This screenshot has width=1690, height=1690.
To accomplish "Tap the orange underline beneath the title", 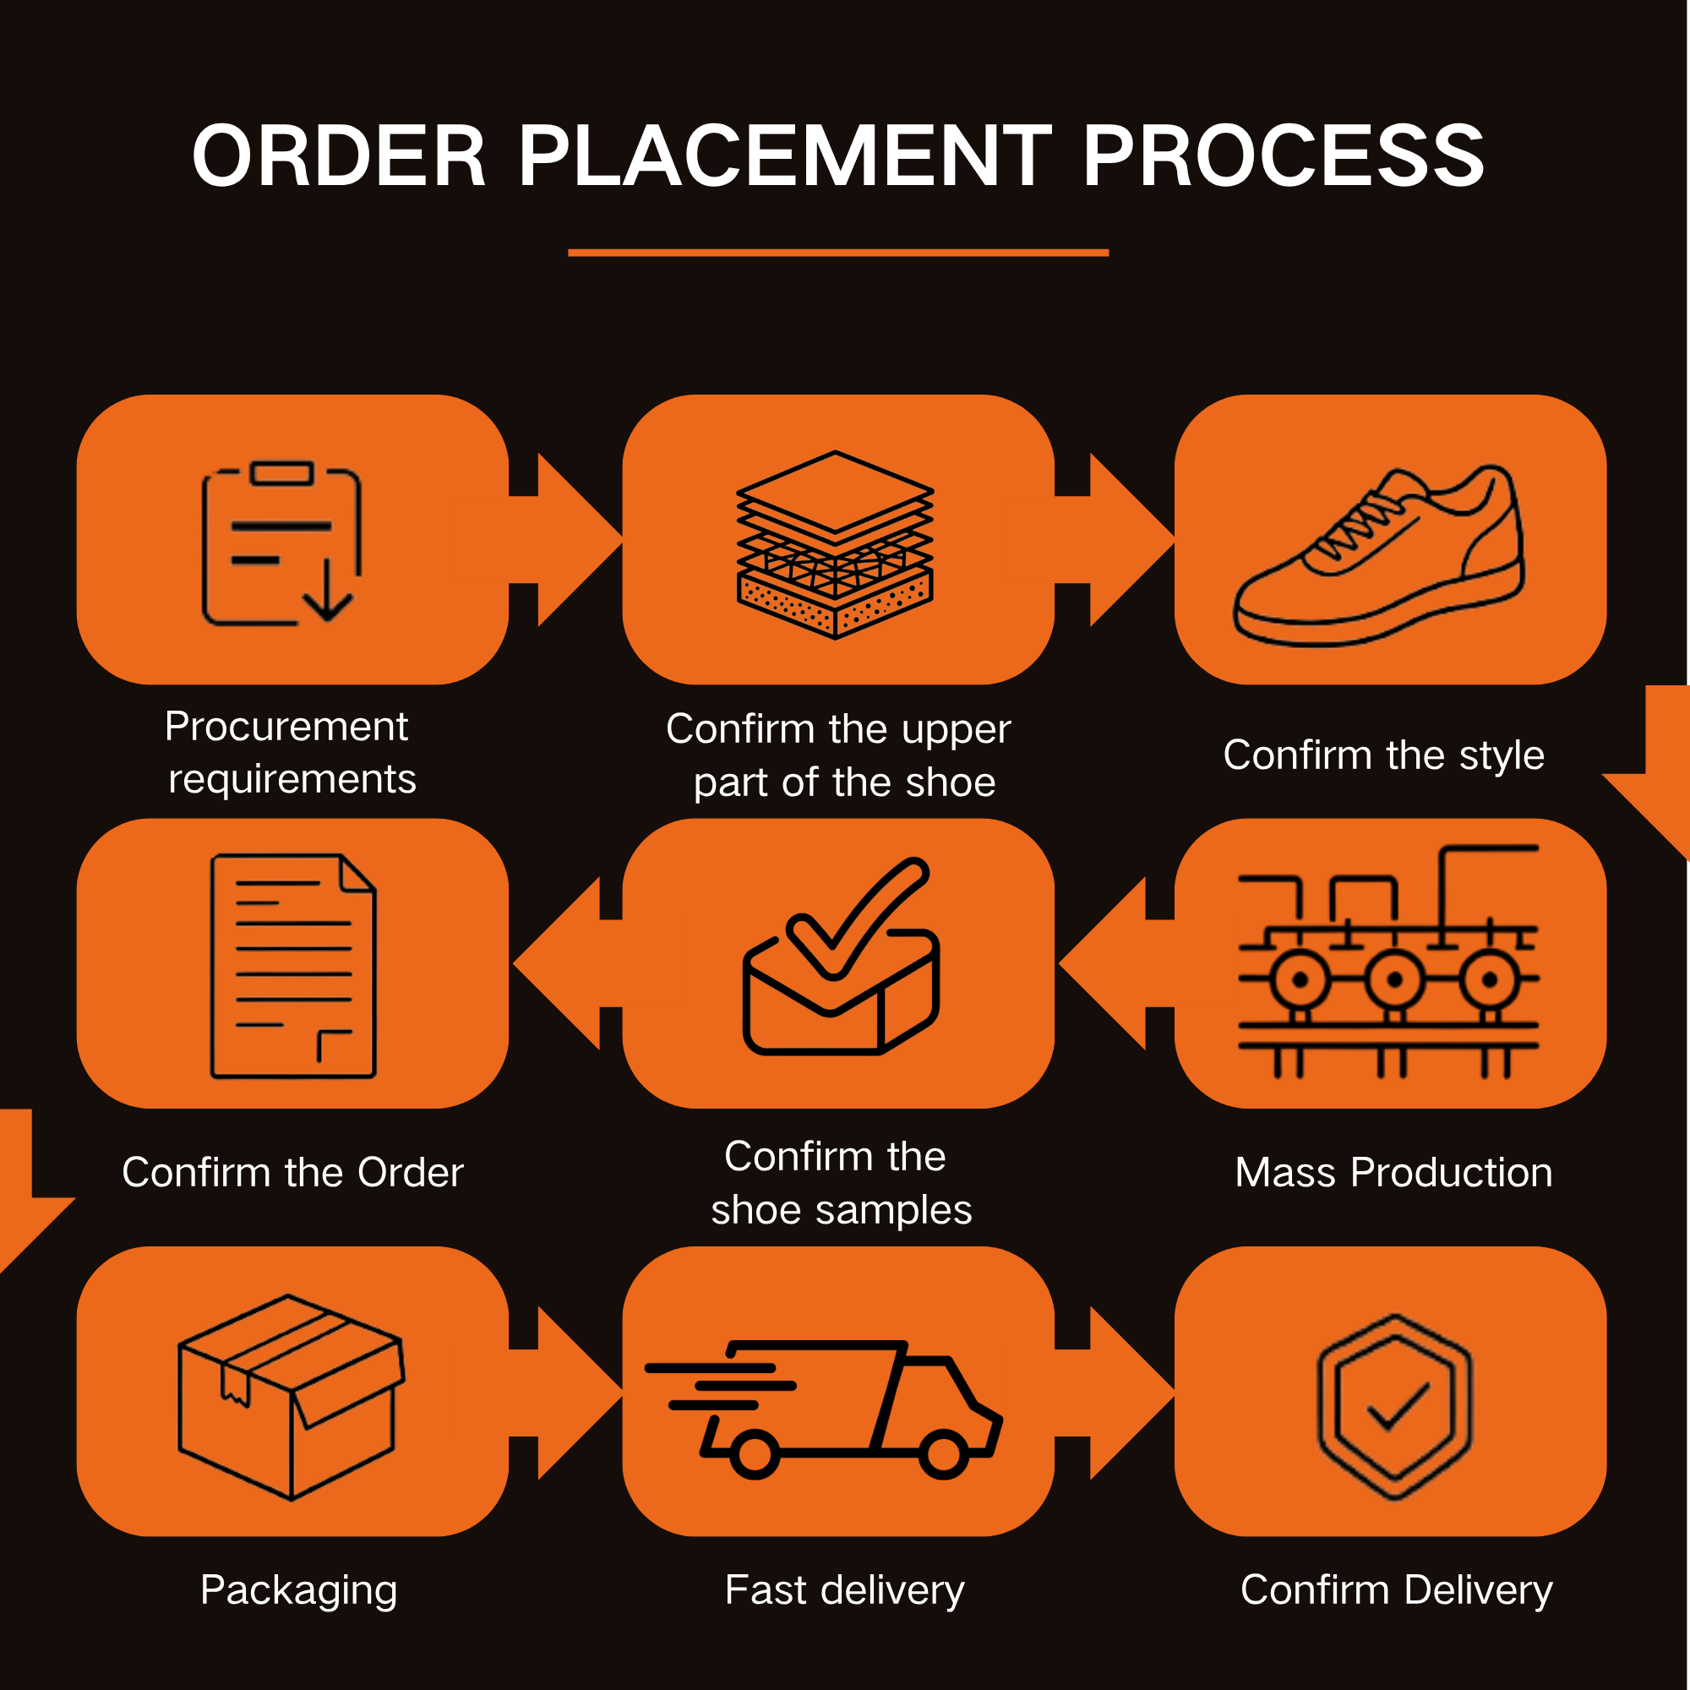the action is [x=838, y=253].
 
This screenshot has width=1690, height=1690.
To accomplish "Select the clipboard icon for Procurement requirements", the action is [x=281, y=543].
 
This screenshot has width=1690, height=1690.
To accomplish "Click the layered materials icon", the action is [x=836, y=544].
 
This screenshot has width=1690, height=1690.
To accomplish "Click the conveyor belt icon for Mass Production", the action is [x=1388, y=962].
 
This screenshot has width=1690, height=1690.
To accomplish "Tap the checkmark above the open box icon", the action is [x=857, y=918].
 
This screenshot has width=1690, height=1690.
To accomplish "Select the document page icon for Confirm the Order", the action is [x=293, y=966].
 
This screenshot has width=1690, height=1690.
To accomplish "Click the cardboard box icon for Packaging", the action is [x=292, y=1397].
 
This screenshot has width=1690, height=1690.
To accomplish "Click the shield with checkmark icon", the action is [x=1395, y=1407].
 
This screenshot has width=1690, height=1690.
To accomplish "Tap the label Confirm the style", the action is [x=1384, y=755].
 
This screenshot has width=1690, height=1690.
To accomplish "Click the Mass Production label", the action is [x=1393, y=1172].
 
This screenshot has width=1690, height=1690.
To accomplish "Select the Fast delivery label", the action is [x=844, y=1590].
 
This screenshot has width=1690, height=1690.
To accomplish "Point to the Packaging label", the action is [x=299, y=1591].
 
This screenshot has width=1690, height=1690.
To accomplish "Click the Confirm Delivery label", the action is [x=1396, y=1590].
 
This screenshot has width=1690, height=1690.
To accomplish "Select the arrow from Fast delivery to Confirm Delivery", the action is [x=1115, y=1393].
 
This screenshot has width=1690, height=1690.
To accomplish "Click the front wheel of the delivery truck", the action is [x=943, y=1453].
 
